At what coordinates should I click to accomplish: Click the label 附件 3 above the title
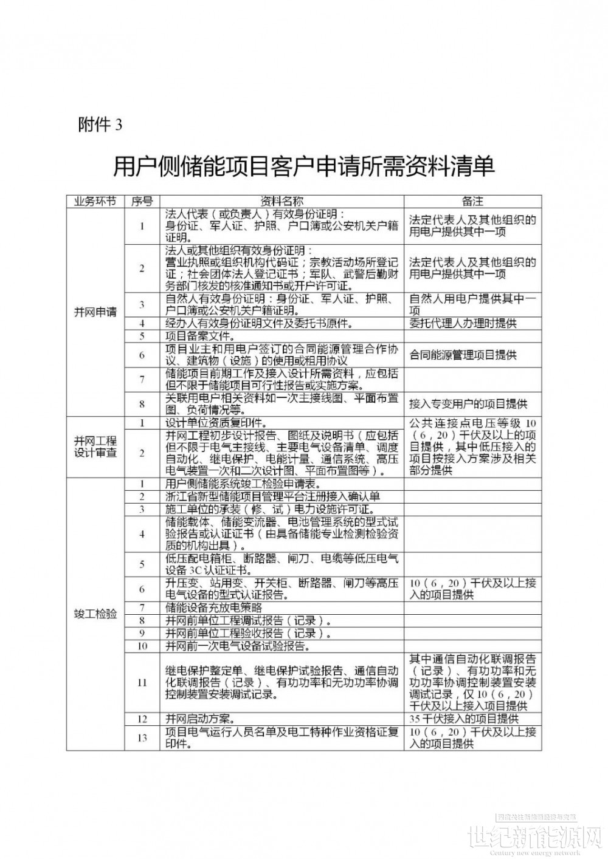pos(100,125)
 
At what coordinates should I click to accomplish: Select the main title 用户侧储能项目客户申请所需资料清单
pos(304,166)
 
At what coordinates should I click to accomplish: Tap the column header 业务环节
pos(95,202)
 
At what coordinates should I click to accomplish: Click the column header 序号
pos(142,202)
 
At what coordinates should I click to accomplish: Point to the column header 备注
pos(472,202)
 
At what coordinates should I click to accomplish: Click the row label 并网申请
pos(95,312)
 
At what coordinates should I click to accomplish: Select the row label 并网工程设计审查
pos(95,447)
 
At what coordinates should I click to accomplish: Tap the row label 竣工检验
pos(95,614)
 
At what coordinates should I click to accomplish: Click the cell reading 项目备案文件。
pos(200,335)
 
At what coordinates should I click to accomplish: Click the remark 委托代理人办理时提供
pos(463,323)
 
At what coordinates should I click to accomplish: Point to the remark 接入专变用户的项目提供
pos(468,403)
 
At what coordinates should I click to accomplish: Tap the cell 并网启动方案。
pos(200,719)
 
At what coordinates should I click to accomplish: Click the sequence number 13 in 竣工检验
pos(142,738)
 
